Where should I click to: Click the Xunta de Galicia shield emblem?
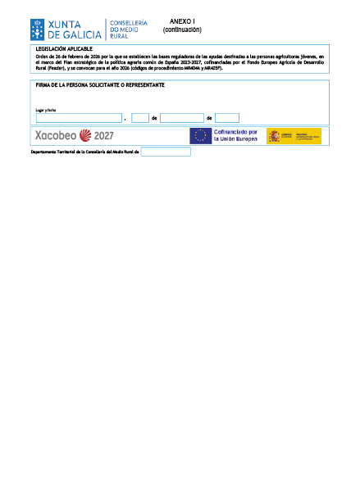[38, 30]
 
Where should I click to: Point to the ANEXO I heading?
[181, 20]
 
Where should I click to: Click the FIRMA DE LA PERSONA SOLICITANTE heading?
[100, 84]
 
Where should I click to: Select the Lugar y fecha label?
[45, 110]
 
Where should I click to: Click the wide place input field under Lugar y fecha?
[79, 118]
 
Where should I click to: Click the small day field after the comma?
[139, 118]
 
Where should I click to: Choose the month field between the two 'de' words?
[181, 118]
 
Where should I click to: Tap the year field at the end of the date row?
[226, 118]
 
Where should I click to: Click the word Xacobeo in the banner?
[55, 136]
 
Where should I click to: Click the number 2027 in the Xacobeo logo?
[103, 136]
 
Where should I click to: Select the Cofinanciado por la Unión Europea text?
[235, 136]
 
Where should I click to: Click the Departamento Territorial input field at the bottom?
[165, 152]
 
